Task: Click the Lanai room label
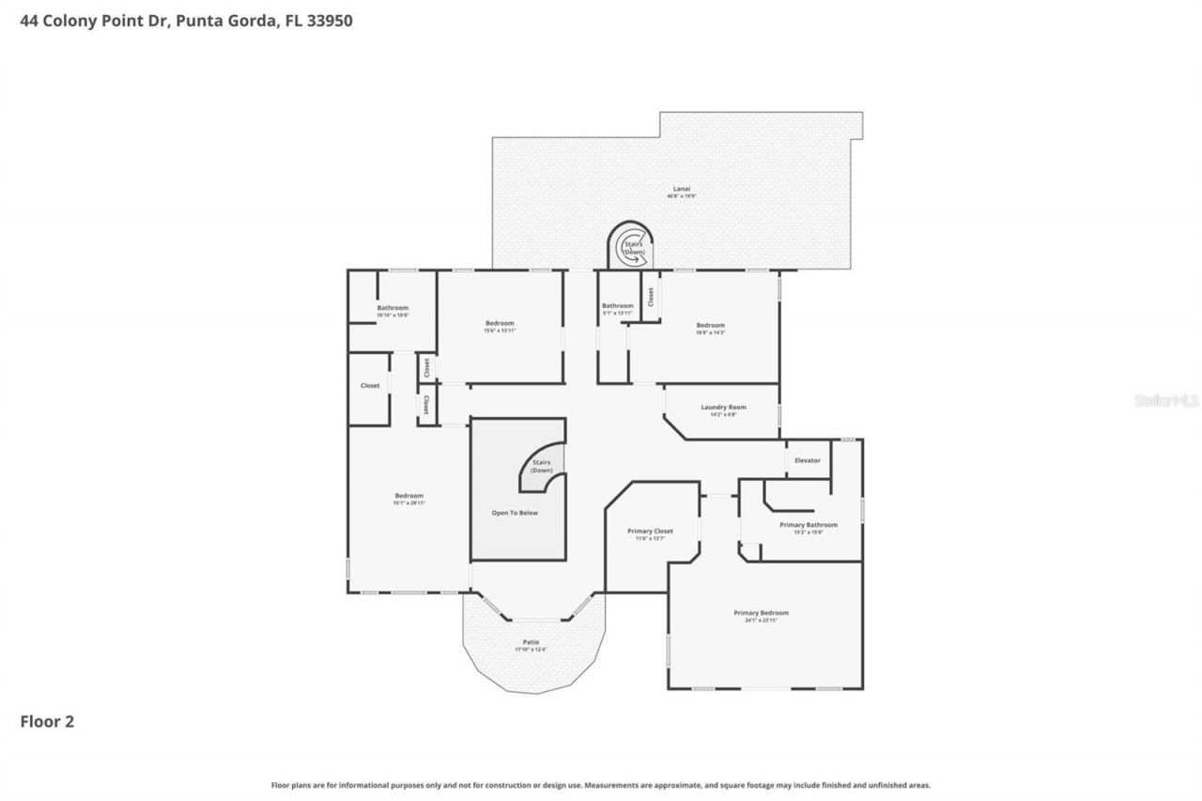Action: tap(681, 188)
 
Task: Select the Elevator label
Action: tap(808, 460)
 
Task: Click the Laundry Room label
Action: tap(723, 407)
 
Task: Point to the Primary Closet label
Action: tap(650, 531)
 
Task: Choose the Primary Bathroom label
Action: tap(808, 525)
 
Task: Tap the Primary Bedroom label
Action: tap(761, 613)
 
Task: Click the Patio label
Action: tap(531, 642)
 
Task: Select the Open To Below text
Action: tap(516, 513)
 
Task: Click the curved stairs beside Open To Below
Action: tap(543, 467)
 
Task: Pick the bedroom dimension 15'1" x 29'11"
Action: tap(408, 503)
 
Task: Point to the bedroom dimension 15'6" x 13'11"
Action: tap(500, 331)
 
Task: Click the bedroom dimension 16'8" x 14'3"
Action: tap(710, 332)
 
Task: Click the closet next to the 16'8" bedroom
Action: tap(650, 296)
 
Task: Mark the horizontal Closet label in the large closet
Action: tap(370, 385)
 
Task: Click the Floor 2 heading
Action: tap(47, 721)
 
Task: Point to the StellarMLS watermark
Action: tap(1166, 400)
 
